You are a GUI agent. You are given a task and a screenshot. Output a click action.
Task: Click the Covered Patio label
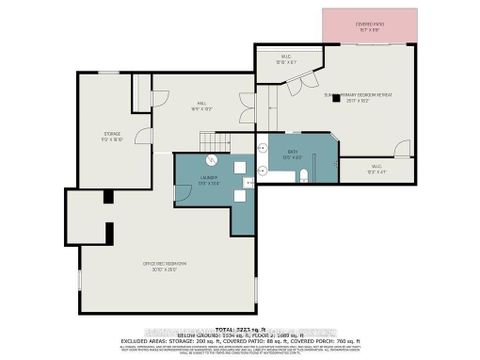pyautogui.click(x=363, y=27)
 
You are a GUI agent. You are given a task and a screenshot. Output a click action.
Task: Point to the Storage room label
pyautogui.click(x=112, y=135)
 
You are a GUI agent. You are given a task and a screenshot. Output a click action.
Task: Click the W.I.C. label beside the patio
pyautogui.click(x=284, y=59)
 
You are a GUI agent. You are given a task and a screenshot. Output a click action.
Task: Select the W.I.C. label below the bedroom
pyautogui.click(x=375, y=169)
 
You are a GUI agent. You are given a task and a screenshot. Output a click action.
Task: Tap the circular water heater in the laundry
pyautogui.click(x=211, y=161)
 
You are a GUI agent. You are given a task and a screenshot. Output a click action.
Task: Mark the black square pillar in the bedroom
pyautogui.click(x=336, y=98)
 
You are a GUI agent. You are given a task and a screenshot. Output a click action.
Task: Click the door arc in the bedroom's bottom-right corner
pyautogui.click(x=402, y=149)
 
